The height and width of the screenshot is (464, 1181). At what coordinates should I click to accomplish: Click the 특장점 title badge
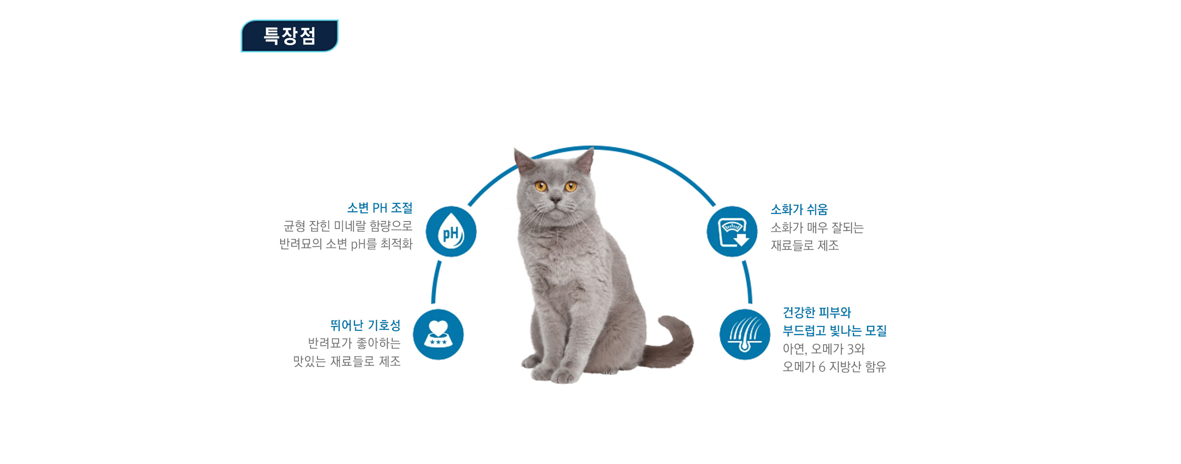(x=290, y=36)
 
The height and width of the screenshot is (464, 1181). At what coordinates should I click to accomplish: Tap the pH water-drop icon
(x=451, y=231)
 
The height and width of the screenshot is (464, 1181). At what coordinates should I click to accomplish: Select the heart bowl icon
(x=438, y=335)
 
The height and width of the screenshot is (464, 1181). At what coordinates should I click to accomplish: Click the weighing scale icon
(x=732, y=231)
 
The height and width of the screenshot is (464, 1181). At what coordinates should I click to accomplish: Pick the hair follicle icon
(x=745, y=335)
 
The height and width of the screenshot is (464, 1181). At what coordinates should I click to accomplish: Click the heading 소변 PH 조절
(x=379, y=208)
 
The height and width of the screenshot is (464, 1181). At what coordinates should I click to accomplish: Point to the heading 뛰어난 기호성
(x=365, y=325)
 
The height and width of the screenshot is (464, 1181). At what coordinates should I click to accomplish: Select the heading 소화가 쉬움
(x=799, y=209)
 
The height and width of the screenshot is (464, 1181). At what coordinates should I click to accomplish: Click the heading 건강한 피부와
(x=816, y=313)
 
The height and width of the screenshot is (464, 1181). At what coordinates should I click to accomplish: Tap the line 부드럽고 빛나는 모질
(x=834, y=331)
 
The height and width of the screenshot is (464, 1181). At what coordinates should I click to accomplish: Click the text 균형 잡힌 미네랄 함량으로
(x=348, y=226)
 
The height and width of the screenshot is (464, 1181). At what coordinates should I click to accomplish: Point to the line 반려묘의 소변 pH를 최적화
(x=346, y=244)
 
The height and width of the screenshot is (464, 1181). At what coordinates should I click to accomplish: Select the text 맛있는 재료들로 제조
(x=347, y=361)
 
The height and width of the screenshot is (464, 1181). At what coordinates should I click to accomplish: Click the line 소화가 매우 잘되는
(x=817, y=227)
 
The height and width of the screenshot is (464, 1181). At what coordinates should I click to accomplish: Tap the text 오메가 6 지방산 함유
(x=834, y=367)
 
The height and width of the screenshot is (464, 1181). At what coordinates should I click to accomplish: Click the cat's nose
(x=556, y=199)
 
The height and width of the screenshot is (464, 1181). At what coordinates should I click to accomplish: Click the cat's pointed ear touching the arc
(x=586, y=161)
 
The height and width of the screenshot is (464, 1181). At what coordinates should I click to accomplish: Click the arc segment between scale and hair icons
(x=747, y=282)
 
